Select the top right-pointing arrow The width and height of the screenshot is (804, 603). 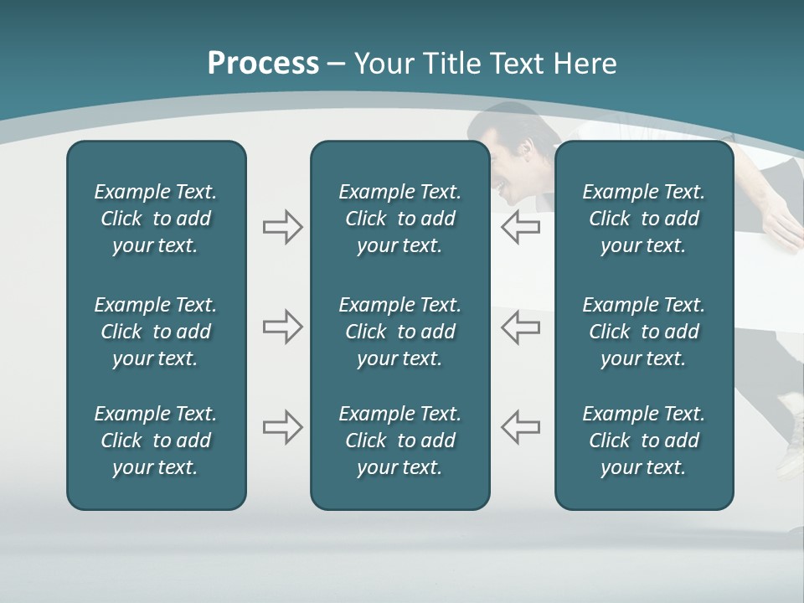tap(282, 227)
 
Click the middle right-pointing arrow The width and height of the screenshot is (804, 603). tap(282, 327)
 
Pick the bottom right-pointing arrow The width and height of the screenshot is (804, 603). tap(282, 427)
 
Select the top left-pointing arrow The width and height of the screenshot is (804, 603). tap(520, 227)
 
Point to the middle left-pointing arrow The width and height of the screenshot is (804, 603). tap(520, 327)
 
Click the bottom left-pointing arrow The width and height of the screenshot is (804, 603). tap(520, 427)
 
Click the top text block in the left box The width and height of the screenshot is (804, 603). tap(156, 219)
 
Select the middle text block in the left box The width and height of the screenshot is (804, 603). tap(156, 332)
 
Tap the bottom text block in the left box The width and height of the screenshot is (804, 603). tap(156, 441)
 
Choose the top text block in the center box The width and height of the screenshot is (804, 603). tap(399, 219)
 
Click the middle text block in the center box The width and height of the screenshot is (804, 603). tap(399, 332)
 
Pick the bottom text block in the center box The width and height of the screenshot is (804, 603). tap(399, 441)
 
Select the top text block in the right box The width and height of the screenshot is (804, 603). tap(643, 219)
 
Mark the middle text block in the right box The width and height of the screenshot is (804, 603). tap(643, 332)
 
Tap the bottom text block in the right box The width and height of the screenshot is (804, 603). tap(643, 441)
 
